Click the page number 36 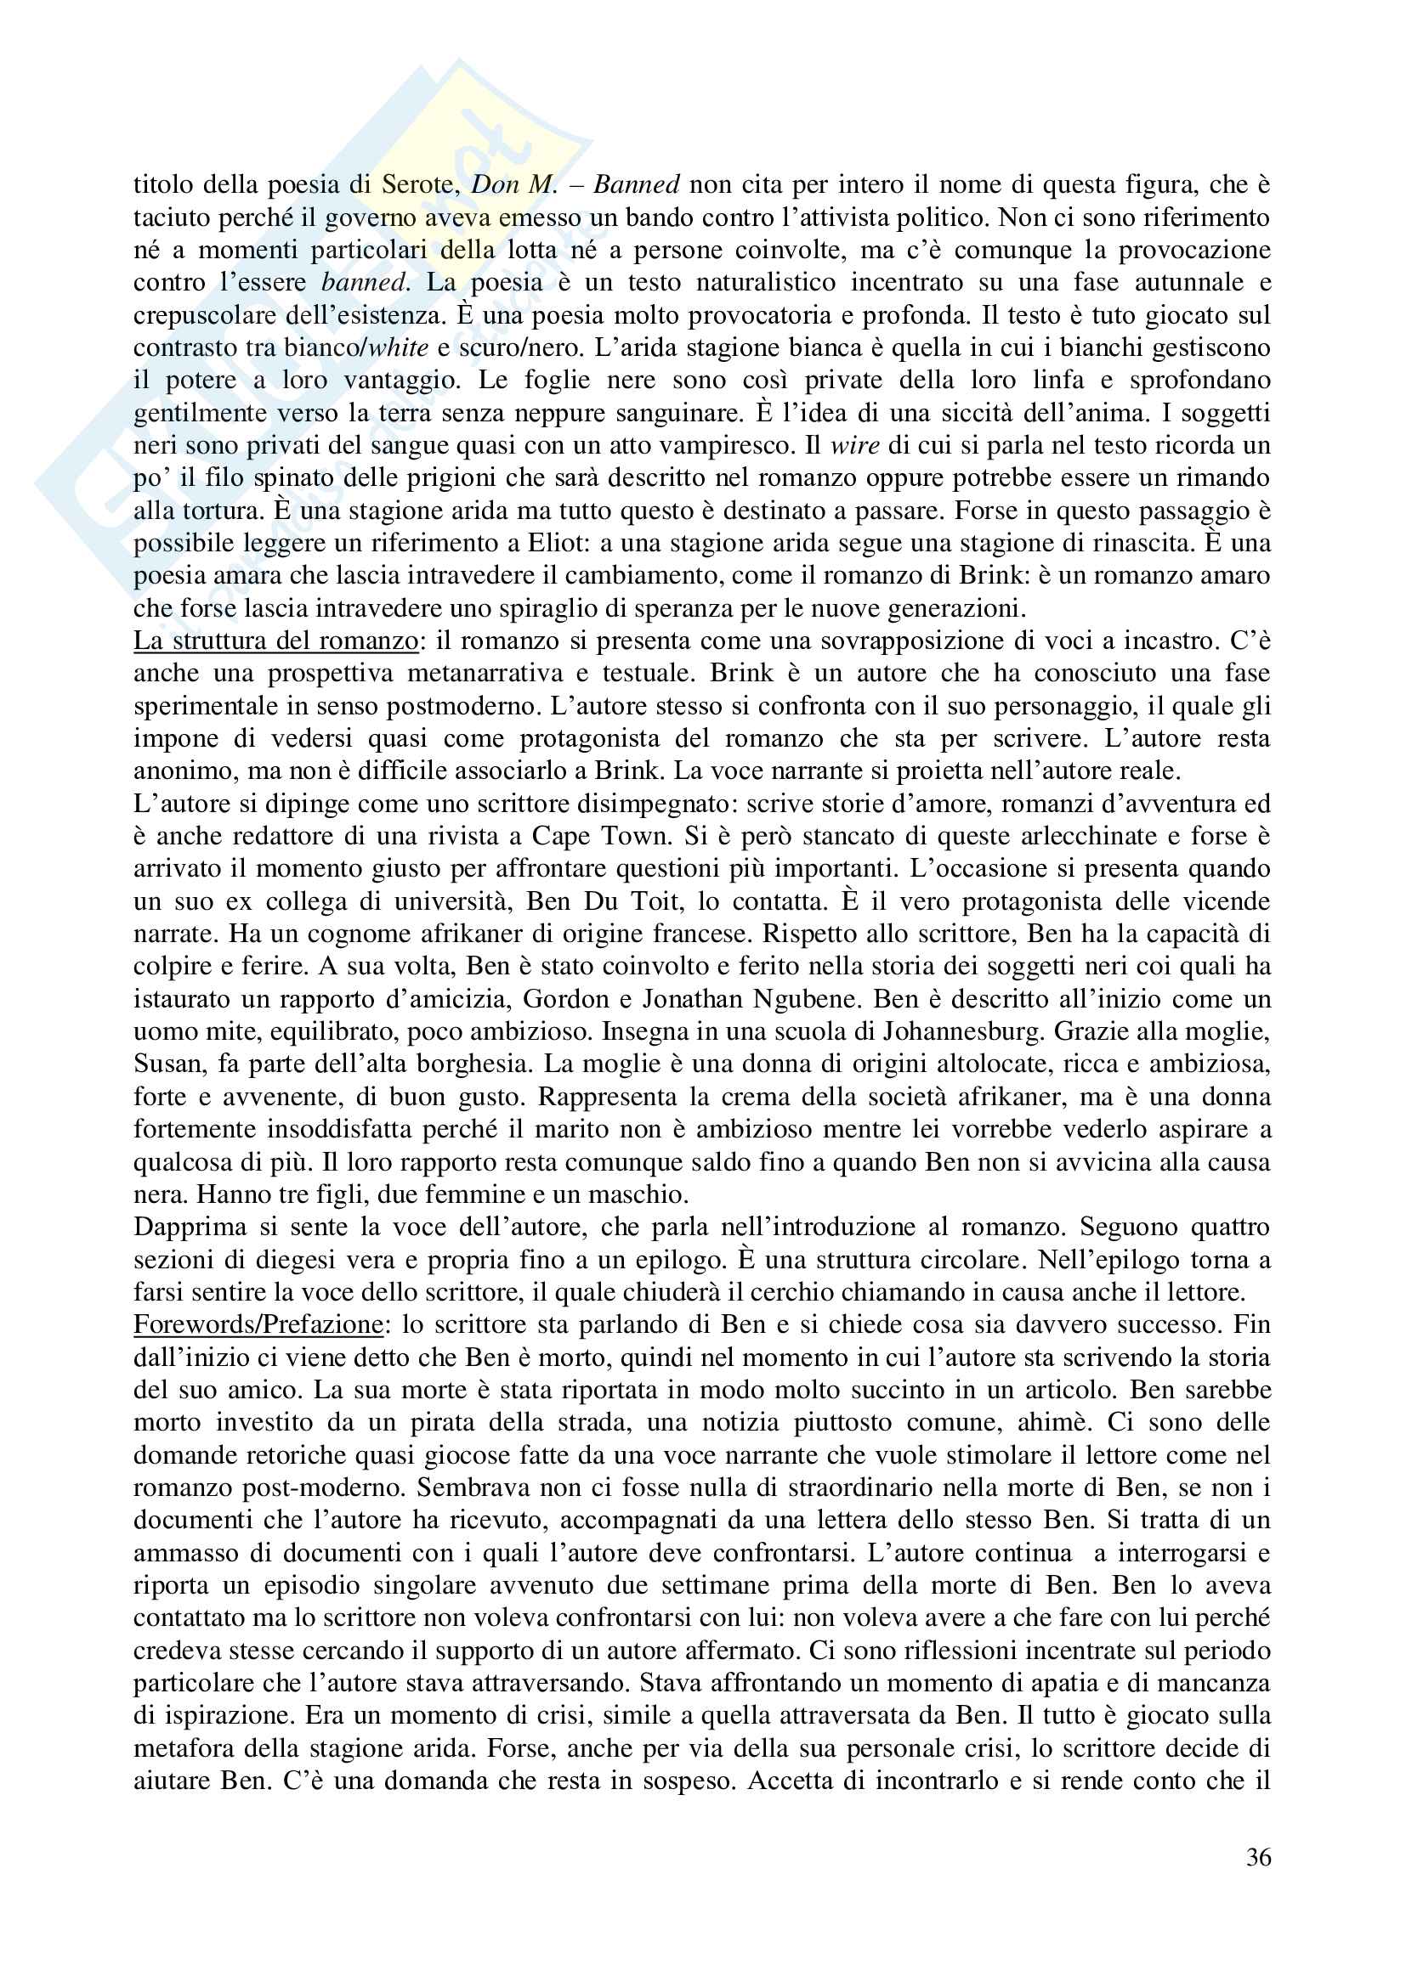[1258, 1857]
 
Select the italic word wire [854, 446]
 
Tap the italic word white [398, 348]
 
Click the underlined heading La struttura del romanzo [275, 641]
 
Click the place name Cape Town [601, 837]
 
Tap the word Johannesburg [962, 1031]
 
